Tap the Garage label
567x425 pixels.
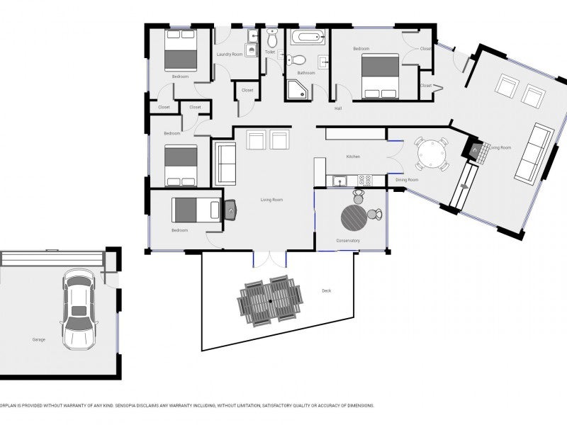tap(38, 340)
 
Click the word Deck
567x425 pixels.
tap(326, 290)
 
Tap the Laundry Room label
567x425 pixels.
tap(229, 55)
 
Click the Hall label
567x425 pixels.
tap(338, 108)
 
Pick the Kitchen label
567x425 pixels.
tap(353, 157)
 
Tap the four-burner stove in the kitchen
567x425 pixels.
tap(365, 180)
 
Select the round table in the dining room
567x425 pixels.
tap(432, 154)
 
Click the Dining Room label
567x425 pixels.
tap(407, 180)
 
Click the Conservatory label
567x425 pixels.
tap(348, 241)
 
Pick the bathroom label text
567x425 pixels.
tap(306, 73)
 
